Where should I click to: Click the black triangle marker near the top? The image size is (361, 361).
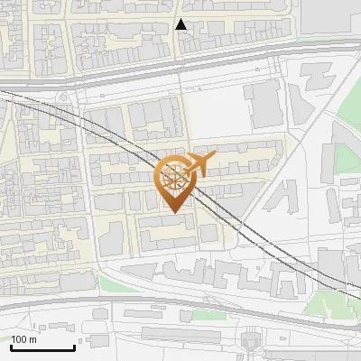tap(181, 24)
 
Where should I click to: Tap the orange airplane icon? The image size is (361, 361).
tap(202, 164)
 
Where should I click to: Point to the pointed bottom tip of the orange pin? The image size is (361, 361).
tap(173, 213)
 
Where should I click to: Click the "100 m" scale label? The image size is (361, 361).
tap(23, 339)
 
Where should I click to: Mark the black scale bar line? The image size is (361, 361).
tap(42, 347)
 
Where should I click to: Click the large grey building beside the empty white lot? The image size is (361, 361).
tap(264, 104)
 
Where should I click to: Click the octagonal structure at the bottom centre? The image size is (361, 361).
tap(251, 341)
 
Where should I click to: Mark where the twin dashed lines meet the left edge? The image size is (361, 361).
tap(2, 91)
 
